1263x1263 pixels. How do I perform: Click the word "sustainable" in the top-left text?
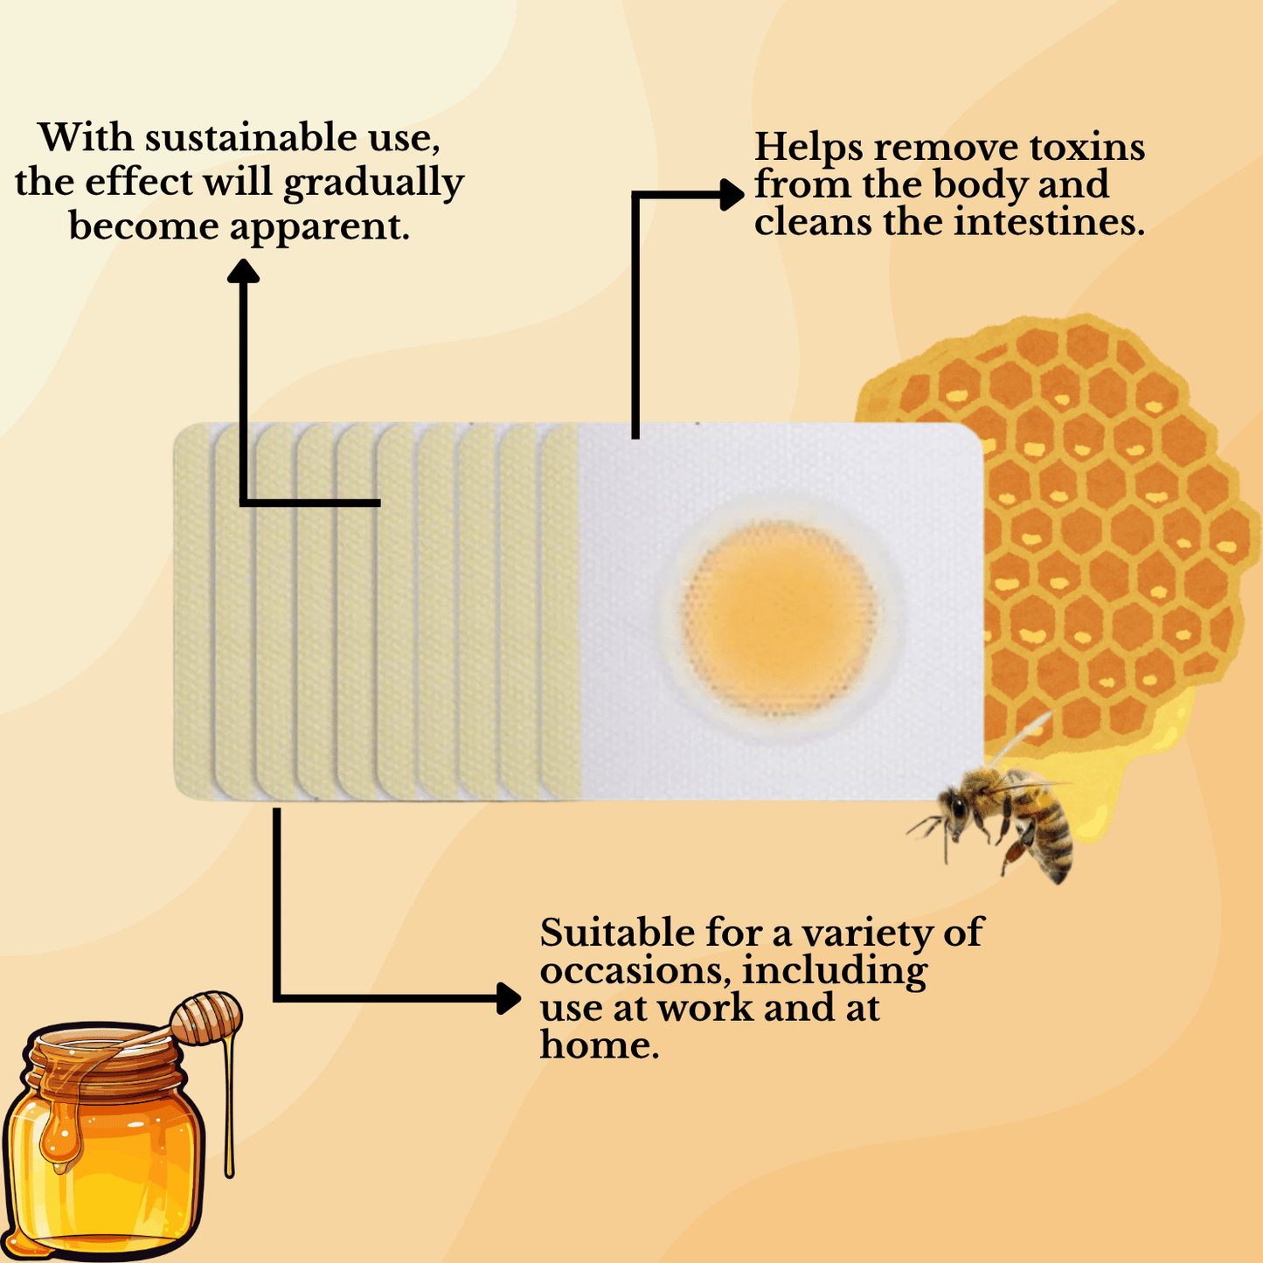point(249,138)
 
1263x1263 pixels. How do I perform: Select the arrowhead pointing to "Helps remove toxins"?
point(732,195)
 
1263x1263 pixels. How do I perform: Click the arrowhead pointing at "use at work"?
point(508,997)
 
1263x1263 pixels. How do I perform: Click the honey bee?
point(1005,817)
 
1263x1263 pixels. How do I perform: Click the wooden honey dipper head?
point(207,1017)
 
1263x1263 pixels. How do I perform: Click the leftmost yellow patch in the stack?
point(192,612)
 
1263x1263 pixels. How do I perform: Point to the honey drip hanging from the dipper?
point(230,1110)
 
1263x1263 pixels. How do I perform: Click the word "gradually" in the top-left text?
point(374,184)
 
